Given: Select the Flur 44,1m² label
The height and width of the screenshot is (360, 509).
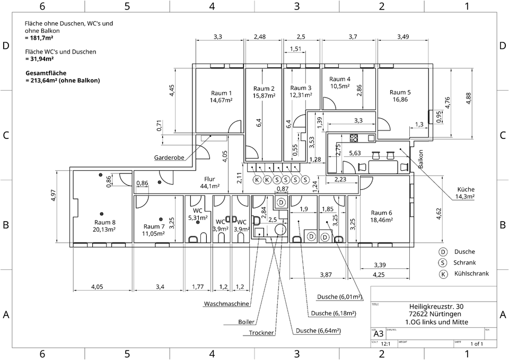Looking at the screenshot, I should tap(210, 183).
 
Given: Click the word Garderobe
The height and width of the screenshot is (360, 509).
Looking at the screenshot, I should tap(169, 157).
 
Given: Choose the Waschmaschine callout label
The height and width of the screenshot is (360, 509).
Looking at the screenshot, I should tap(226, 304).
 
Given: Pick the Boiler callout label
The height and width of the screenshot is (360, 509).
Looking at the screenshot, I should tap(247, 322).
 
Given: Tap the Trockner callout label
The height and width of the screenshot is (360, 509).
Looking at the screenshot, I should tap(261, 333).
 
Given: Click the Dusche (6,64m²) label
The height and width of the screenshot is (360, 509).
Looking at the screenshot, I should tap(318, 330).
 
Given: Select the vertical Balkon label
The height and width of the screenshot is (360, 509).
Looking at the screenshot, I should tap(421, 159).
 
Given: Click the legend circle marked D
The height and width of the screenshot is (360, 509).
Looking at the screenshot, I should tap(442, 252).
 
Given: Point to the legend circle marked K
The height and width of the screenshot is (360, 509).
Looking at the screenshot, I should tap(442, 274).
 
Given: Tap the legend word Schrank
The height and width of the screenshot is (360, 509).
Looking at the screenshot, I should tap(464, 263).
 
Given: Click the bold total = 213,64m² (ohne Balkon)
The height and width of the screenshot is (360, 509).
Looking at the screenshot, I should tap(63, 81).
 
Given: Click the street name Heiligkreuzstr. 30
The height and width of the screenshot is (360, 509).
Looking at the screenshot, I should tap(436, 306).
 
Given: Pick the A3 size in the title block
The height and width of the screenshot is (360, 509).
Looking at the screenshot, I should tap(379, 334).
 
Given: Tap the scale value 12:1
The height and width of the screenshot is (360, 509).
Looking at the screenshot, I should tap(385, 344).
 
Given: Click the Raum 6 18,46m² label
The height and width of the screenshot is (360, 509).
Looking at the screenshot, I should tap(382, 216).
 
